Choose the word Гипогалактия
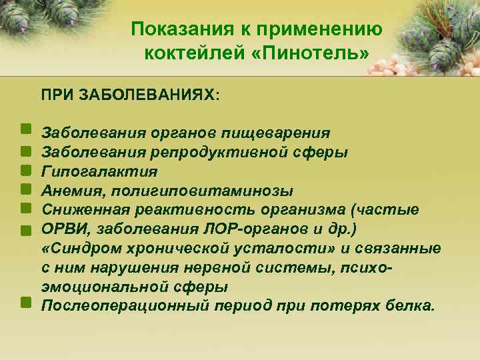(99, 172)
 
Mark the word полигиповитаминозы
(201, 191)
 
